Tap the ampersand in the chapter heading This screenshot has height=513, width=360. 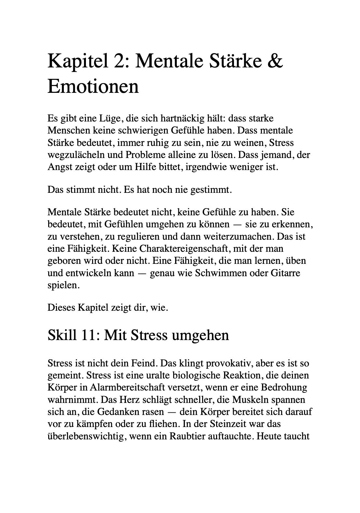coord(276,61)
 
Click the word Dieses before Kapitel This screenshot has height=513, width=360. coord(61,307)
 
